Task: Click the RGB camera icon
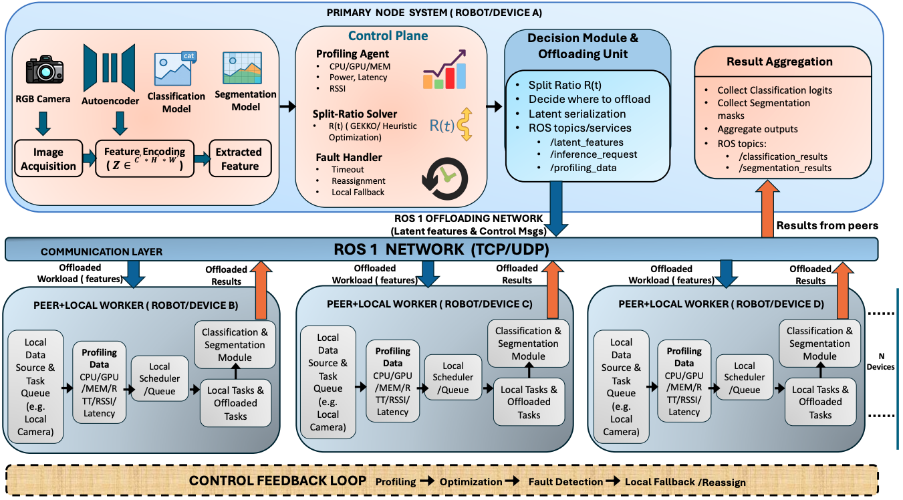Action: (45, 70)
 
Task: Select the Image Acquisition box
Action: (46, 158)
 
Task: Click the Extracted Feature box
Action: (239, 158)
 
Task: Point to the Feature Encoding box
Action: (143, 158)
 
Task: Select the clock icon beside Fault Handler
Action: (445, 178)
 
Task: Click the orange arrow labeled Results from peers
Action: (767, 211)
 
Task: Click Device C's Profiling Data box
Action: (392, 381)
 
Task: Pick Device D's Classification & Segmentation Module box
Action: (819, 343)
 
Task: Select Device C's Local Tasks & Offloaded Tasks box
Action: (529, 402)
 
